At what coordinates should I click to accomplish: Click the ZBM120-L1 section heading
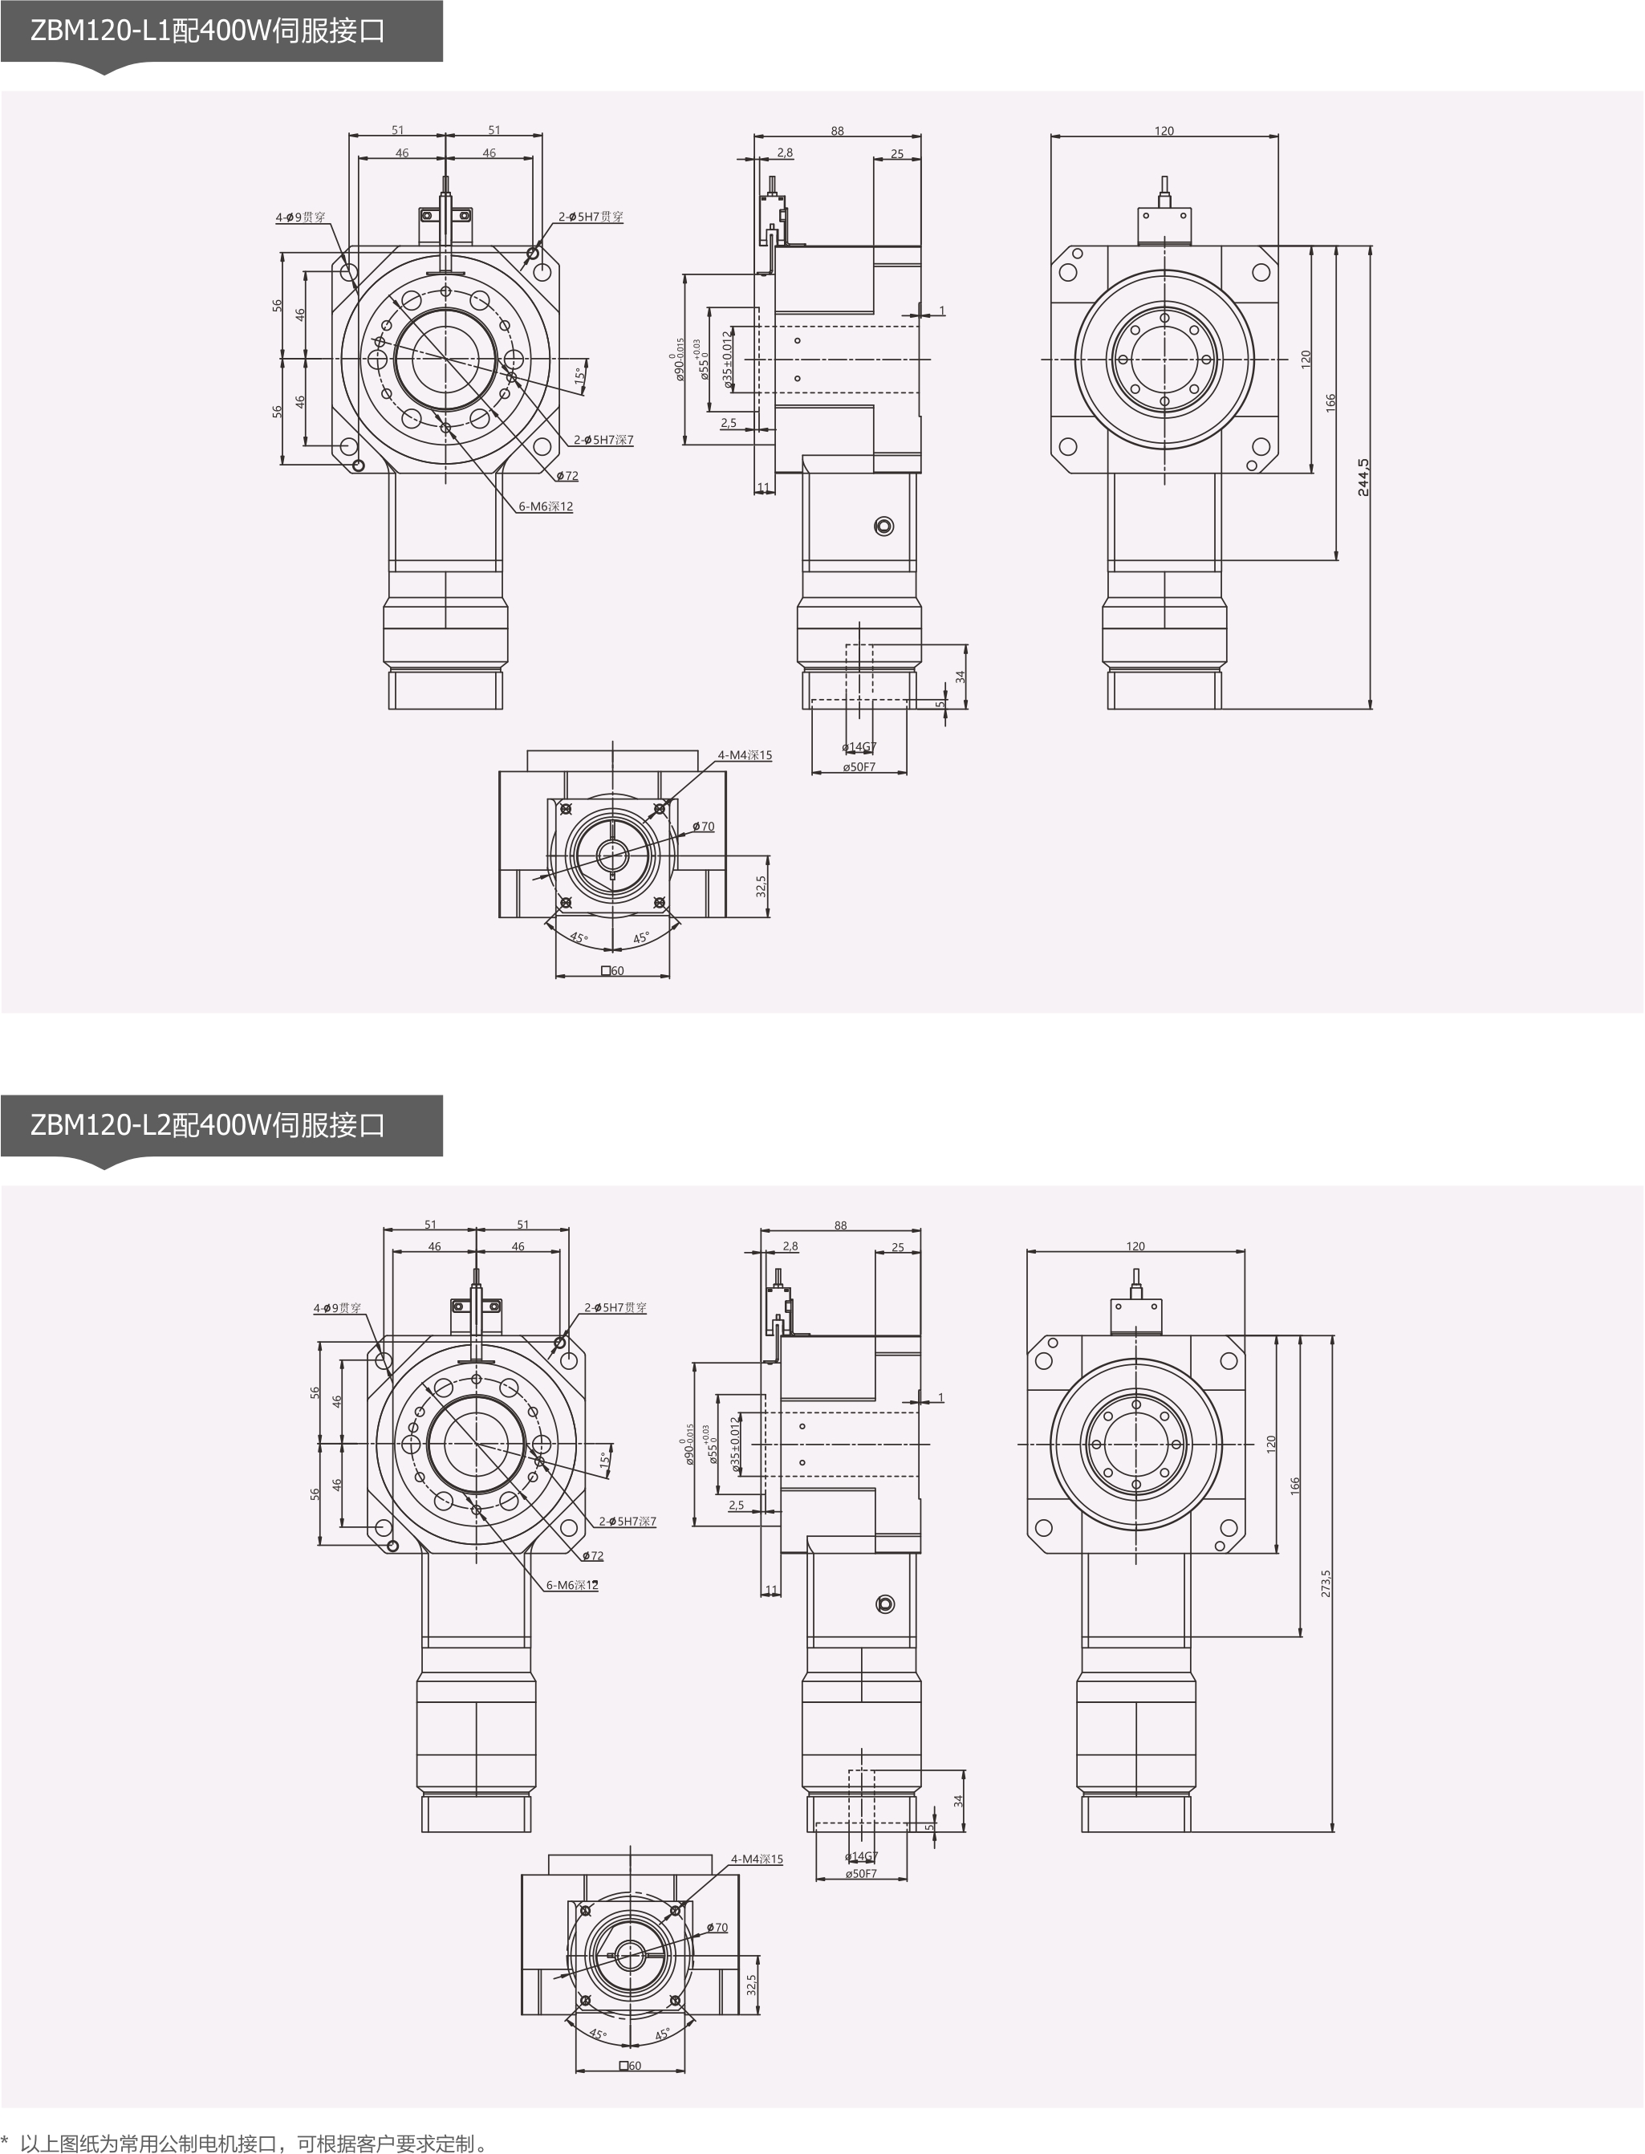pos(208,31)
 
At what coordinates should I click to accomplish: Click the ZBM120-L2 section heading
pos(208,1125)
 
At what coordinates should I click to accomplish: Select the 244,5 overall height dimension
pos(1363,477)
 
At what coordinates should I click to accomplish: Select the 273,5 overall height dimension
pos(1326,1583)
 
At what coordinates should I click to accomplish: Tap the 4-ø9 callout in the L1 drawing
pos(301,217)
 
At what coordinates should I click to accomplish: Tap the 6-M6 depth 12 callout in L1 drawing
pos(546,506)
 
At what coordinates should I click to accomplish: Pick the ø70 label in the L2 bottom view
pos(717,1927)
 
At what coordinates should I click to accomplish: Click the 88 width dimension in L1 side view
pos(837,130)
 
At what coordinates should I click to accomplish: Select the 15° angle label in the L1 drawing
pos(579,375)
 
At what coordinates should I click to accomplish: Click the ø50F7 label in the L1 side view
pos(859,766)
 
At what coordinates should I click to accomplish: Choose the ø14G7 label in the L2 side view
pos(861,1856)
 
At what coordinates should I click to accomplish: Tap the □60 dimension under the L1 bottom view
pos(612,970)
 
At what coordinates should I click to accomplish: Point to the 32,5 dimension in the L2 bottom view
pos(751,1985)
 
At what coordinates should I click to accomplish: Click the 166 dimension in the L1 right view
pos(1330,402)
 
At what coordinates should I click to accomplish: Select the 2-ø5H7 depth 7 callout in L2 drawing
pos(627,1522)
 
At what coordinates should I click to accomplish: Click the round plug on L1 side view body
pos(883,526)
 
